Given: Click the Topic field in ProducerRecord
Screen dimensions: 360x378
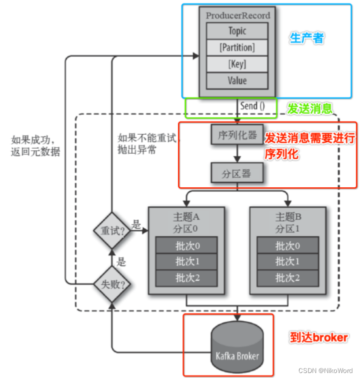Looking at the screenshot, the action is point(237,31).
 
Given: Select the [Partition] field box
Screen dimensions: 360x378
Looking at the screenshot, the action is point(237,48).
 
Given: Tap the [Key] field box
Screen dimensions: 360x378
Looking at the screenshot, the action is point(237,64).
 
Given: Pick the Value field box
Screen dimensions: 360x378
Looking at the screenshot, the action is point(237,81).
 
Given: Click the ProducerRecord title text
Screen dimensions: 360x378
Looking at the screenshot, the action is point(238,16).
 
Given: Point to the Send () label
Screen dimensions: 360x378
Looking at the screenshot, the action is point(252,106).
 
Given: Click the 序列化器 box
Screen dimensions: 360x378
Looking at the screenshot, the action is point(237,135).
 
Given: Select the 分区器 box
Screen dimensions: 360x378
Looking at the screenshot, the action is point(237,173).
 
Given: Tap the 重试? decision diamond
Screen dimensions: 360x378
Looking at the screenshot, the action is point(111,231).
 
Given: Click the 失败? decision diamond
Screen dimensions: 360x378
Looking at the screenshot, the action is point(111,284).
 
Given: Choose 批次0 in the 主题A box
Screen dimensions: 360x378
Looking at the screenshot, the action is point(186,245).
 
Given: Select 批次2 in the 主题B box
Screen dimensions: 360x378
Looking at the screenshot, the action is point(288,278).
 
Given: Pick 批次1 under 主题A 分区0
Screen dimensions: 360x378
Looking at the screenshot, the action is point(186,261).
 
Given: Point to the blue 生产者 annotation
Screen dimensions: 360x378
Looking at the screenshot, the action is point(307,38).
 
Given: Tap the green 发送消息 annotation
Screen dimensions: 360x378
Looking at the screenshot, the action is point(310,108).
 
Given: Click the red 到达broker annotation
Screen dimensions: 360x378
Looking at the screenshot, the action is point(319,337).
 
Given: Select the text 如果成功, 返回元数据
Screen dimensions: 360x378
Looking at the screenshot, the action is point(35,146).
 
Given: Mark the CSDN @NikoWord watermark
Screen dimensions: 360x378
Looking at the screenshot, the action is point(325,370).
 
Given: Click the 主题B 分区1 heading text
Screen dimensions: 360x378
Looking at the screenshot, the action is point(288,222).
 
